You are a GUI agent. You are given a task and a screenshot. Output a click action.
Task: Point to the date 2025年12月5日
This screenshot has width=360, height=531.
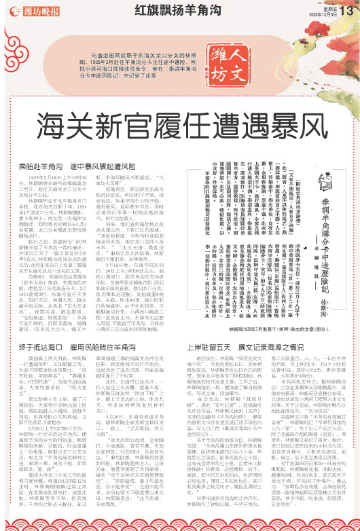click(x=322, y=13)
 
